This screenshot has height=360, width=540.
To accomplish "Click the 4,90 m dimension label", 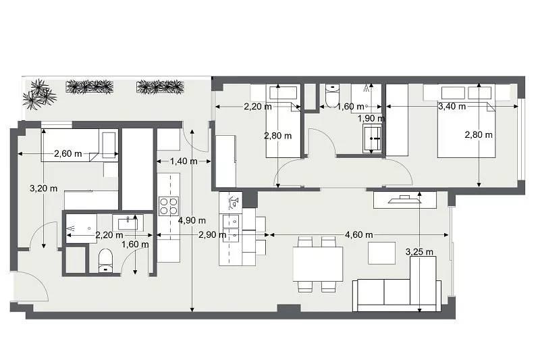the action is coord(192,220).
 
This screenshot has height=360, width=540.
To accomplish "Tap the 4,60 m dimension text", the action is coord(358,234).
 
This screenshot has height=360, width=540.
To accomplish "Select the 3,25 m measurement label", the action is coord(419,252).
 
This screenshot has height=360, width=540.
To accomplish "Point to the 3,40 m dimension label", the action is coord(452,107).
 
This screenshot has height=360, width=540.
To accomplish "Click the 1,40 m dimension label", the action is coord(184,161).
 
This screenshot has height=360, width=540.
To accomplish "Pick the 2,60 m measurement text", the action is coord(68,153).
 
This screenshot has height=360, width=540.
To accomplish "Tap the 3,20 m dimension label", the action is coord(43,188).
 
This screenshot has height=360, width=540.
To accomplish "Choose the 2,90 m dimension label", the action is coord(212,234).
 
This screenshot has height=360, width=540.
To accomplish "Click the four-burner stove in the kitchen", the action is coord(169,206).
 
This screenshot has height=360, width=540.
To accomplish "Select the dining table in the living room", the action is coord(318,263).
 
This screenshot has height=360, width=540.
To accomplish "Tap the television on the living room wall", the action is coord(404,199).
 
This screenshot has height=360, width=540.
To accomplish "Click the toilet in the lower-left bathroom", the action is coord(105,261).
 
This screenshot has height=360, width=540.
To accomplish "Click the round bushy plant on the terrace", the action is coord(39,95).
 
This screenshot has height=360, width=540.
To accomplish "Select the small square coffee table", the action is coord(381,253).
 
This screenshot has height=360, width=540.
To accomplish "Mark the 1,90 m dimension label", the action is coord(371,118).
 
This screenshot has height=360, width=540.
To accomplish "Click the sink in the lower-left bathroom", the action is coord(128,223).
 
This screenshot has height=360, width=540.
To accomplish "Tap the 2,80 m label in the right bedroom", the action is coord(479,134).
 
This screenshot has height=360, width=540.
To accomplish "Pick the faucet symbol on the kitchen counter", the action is coord(234,201).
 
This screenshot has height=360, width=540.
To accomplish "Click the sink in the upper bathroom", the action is coord(372,138).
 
